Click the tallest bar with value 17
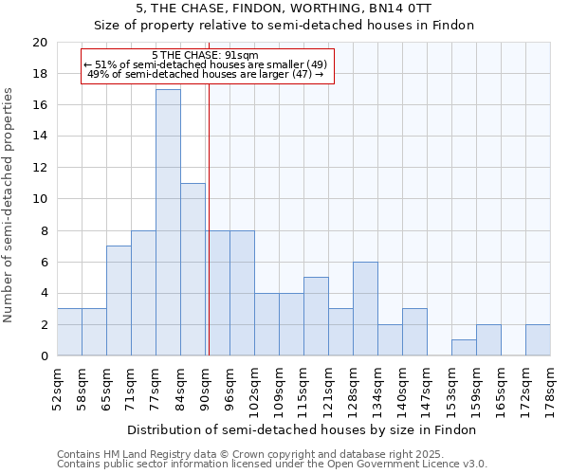(x=168, y=223)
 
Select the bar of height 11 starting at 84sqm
(x=193, y=269)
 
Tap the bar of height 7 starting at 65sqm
(x=119, y=301)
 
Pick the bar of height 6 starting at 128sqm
(x=365, y=309)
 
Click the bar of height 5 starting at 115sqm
(x=316, y=317)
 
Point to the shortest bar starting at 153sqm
(x=464, y=348)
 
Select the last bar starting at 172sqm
(x=538, y=340)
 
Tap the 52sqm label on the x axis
(x=58, y=387)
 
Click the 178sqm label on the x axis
(x=551, y=387)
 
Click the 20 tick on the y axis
(x=40, y=43)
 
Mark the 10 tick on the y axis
(x=40, y=199)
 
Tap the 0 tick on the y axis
(x=44, y=356)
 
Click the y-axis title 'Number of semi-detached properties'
(x=9, y=205)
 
